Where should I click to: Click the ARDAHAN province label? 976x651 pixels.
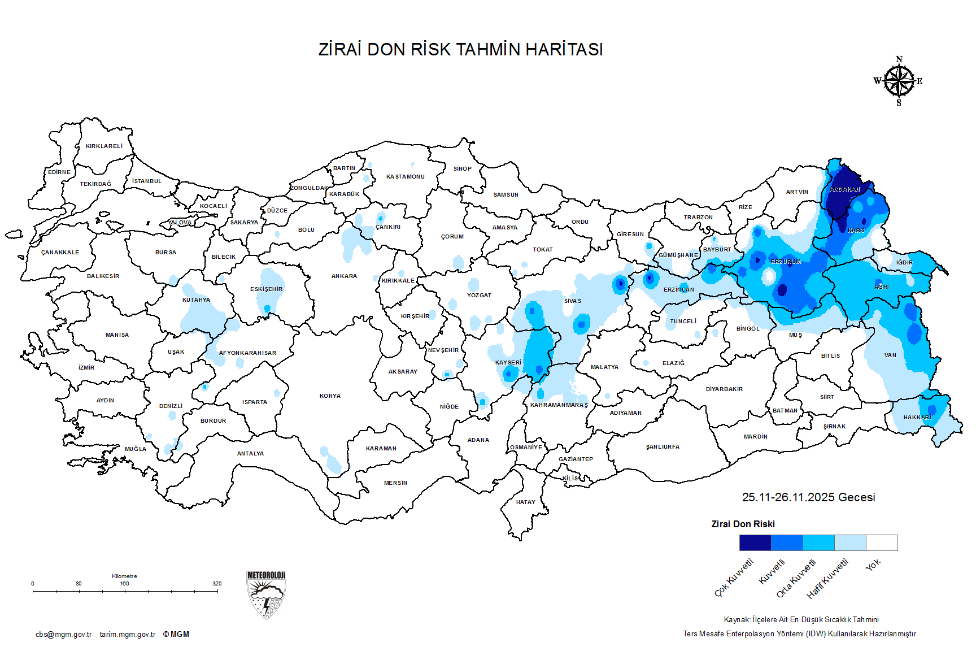pos(844,190)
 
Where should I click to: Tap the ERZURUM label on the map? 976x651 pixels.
pos(786,262)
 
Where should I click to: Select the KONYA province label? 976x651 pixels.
pos(330,396)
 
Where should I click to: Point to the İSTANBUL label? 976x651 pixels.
pos(147,181)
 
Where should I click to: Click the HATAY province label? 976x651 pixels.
pos(525,502)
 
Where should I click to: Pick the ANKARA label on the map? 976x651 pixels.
pos(344,276)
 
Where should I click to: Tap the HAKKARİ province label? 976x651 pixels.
pos(917,418)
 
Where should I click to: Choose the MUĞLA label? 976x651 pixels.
pos(136,449)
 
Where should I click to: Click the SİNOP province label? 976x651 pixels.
pos(462,169)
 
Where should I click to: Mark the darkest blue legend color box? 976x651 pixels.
pos(755,543)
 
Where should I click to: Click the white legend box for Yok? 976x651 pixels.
pos(882,543)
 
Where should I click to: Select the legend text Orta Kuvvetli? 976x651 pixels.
pos(796,578)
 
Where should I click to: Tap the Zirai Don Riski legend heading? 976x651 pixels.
pos(743,524)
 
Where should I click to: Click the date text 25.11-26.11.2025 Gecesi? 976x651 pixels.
pos(808,497)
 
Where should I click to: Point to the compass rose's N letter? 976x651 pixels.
pos(899,59)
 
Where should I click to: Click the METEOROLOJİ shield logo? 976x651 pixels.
pos(266,594)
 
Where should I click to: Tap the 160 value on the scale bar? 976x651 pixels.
pos(124,584)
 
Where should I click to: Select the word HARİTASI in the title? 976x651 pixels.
pos(564,50)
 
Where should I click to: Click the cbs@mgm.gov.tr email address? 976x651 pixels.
pos(63,635)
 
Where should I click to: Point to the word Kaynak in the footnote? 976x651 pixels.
pos(737,620)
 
